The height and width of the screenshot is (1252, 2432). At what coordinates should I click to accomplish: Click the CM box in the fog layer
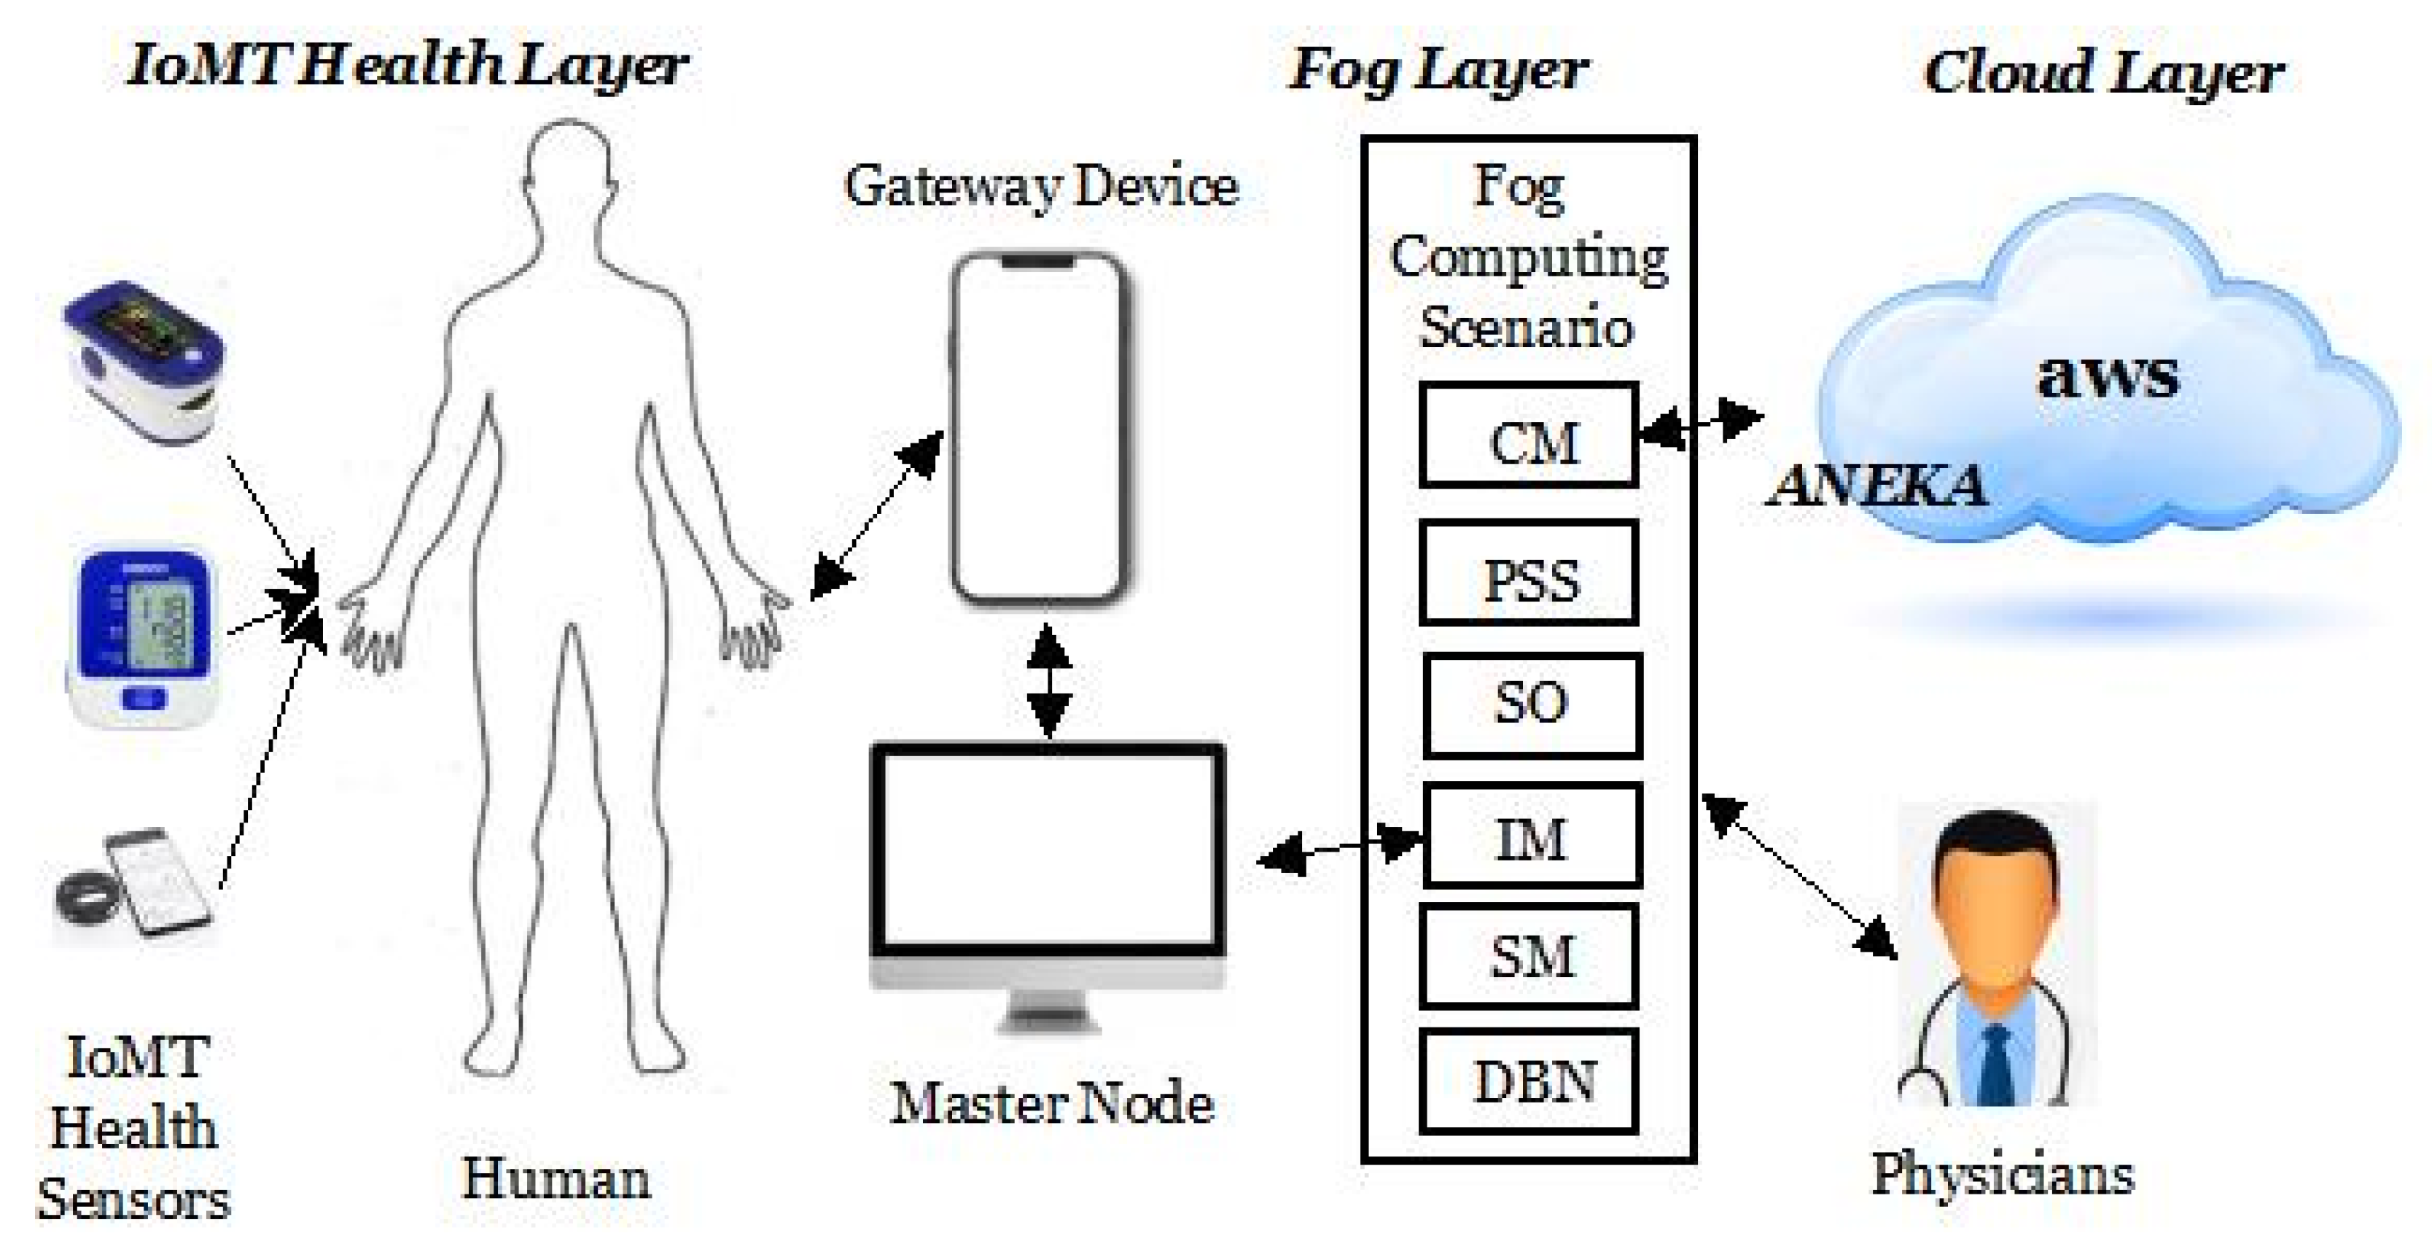(1529, 435)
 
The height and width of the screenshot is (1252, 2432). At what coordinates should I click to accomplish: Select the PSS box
(1529, 573)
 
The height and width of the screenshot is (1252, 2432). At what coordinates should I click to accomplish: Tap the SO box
(1532, 705)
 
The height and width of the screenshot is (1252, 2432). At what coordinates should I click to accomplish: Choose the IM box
(1532, 836)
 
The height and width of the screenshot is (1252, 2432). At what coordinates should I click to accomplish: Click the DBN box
(1529, 1082)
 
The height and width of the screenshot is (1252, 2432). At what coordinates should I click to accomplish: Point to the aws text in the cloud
(2108, 374)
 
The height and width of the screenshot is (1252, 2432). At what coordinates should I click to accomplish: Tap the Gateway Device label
(1040, 186)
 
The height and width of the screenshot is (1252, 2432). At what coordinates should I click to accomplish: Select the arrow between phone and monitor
(1048, 680)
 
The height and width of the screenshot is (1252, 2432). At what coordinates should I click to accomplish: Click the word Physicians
(2001, 1175)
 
